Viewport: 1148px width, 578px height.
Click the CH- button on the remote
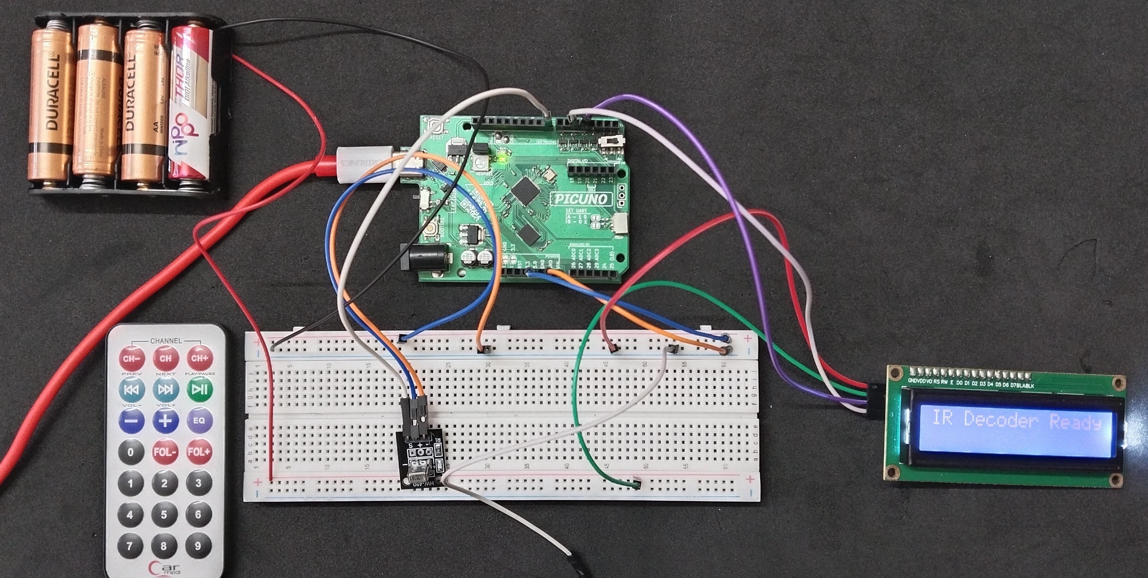click(x=131, y=358)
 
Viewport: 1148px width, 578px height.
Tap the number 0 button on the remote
click(x=131, y=452)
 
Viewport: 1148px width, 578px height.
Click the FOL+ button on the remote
click(x=199, y=452)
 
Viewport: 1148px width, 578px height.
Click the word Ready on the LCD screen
click(x=1075, y=421)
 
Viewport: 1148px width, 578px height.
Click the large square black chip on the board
click(x=525, y=190)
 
